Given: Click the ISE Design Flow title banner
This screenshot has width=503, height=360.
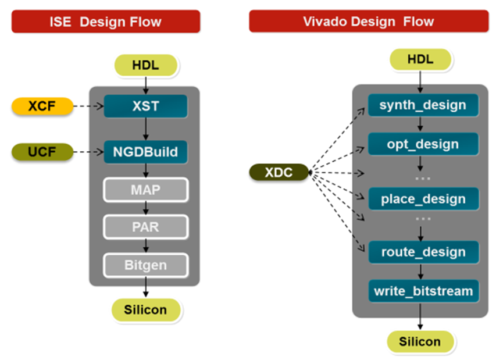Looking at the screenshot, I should click(x=105, y=22).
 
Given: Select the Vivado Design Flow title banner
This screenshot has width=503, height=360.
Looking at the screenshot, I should click(x=368, y=22).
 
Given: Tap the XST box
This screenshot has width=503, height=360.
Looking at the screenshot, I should click(x=145, y=106).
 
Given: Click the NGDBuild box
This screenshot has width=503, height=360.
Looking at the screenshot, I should click(x=145, y=152).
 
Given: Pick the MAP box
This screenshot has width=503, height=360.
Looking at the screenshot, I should click(x=145, y=190).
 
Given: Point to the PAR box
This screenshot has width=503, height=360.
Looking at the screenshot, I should click(x=145, y=227).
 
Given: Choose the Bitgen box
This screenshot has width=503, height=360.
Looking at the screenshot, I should click(x=145, y=265).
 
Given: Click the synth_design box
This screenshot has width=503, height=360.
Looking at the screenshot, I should click(x=423, y=105).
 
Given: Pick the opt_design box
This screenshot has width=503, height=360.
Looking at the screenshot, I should click(x=423, y=144).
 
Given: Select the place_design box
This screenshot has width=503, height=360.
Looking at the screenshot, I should click(x=423, y=199).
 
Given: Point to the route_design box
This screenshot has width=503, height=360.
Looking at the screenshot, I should click(x=423, y=252).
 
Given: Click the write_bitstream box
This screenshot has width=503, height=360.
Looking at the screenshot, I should click(x=423, y=291).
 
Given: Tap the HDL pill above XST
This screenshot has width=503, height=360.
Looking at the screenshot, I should click(x=145, y=65).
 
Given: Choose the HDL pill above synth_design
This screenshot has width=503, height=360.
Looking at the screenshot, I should click(x=420, y=59).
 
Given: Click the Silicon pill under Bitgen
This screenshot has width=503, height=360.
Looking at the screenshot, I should click(x=145, y=309).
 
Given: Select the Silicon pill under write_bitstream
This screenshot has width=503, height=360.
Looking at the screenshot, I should click(x=420, y=341).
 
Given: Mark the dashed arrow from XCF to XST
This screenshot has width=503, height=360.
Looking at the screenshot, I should click(x=88, y=106).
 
